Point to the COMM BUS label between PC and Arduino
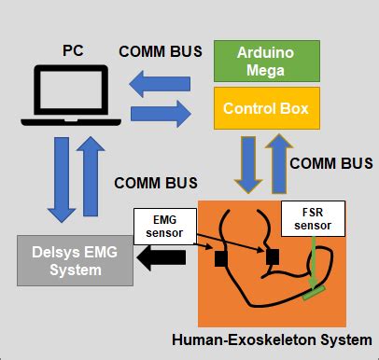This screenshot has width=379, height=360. click(x=160, y=51)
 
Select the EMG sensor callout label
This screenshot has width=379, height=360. click(x=166, y=223)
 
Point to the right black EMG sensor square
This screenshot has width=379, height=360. click(x=272, y=255)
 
